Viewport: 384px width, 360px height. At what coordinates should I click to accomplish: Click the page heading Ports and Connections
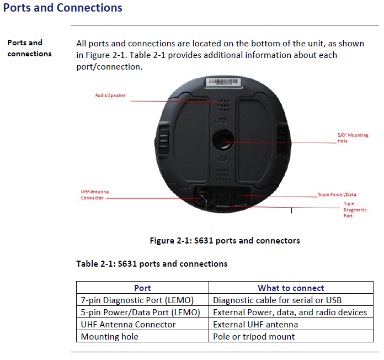63,8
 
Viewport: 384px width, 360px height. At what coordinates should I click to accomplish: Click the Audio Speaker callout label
111,96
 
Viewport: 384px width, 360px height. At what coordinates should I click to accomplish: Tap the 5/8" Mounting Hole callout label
353,138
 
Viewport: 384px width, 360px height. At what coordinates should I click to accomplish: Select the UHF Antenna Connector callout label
92,194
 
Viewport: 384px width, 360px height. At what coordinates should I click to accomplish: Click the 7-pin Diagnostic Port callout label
355,210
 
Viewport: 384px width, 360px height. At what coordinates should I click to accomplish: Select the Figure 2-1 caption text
225,241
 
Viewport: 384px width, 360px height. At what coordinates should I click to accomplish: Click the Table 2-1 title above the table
152,264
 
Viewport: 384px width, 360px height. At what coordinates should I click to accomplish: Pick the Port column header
142,288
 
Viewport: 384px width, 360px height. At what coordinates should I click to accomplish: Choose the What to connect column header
291,288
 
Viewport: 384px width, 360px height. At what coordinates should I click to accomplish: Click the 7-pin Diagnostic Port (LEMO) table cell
137,300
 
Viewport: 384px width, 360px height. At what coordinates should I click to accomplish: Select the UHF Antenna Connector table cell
129,325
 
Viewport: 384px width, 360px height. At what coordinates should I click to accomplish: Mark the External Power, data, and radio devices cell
290,313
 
